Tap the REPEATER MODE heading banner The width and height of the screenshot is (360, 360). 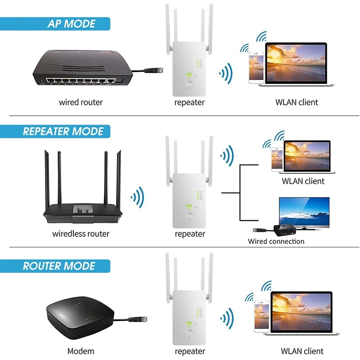[63, 131]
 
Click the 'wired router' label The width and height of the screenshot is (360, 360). [81, 102]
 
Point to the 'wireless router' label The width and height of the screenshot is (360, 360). [81, 234]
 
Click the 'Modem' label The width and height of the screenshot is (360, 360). [81, 351]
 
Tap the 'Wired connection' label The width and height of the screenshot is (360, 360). [276, 242]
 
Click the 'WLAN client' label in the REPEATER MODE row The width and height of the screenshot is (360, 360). [303, 181]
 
